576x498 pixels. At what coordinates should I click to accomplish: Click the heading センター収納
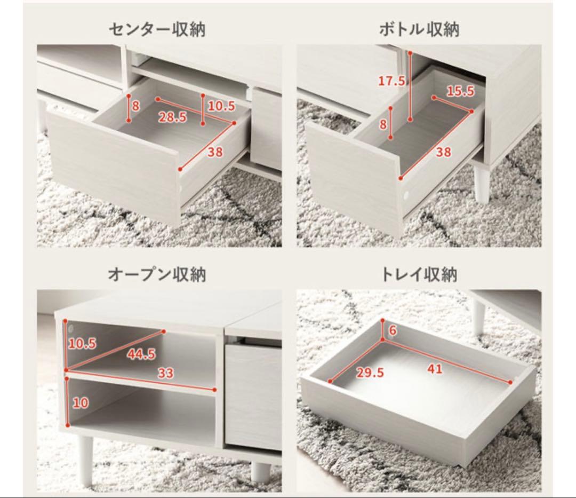click(x=157, y=29)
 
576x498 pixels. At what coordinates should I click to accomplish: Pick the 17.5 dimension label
click(x=392, y=81)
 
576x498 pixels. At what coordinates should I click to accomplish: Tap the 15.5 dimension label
click(x=460, y=91)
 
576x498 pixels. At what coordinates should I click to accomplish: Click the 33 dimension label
click(x=166, y=374)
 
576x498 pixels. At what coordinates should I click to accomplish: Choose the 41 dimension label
click(x=435, y=368)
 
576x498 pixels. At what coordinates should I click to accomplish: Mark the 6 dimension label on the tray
click(x=393, y=331)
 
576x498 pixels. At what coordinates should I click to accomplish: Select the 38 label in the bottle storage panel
click(x=443, y=152)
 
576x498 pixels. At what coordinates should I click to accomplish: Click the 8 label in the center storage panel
click(x=135, y=106)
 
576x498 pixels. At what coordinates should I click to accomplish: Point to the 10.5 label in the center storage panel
click(x=221, y=106)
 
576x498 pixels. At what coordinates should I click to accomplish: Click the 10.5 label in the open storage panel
click(x=82, y=344)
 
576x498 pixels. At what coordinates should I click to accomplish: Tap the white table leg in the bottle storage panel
click(x=482, y=183)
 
